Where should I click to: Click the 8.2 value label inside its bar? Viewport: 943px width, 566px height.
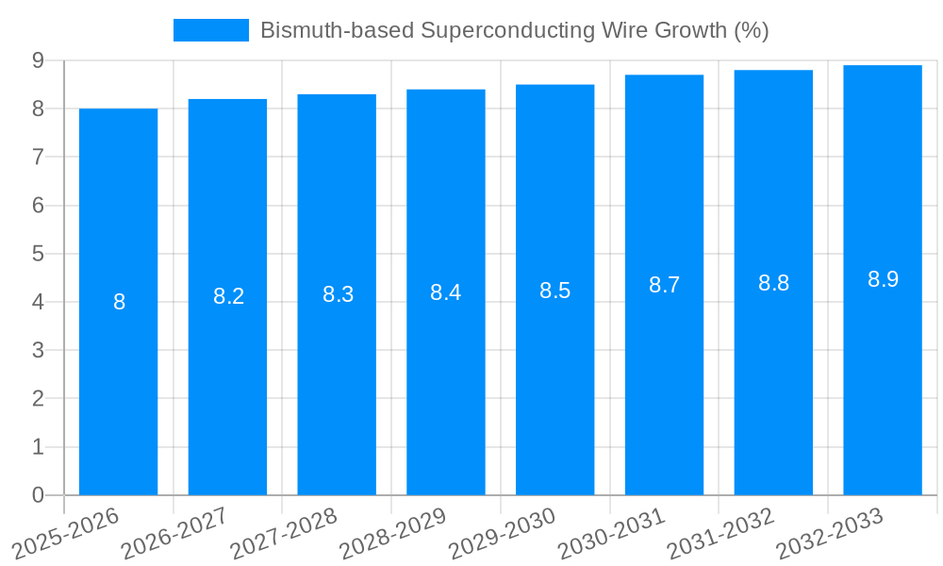pyautogui.click(x=228, y=296)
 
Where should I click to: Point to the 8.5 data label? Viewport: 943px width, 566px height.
pyautogui.click(x=555, y=291)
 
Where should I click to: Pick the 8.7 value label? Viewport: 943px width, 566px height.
pyautogui.click(x=665, y=285)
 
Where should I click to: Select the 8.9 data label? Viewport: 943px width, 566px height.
pyautogui.click(x=884, y=279)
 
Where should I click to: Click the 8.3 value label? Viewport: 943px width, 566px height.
pyautogui.click(x=338, y=294)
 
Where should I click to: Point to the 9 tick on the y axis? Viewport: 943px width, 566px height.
pyautogui.click(x=38, y=60)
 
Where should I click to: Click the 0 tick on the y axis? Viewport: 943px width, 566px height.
pyautogui.click(x=38, y=495)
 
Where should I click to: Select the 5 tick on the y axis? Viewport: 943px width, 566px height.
pyautogui.click(x=38, y=254)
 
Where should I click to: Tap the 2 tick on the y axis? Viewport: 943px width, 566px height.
pyautogui.click(x=38, y=399)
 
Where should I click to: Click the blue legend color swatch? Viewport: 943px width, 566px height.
pyautogui.click(x=211, y=30)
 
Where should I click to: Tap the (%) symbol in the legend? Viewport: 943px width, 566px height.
pyautogui.click(x=751, y=30)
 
